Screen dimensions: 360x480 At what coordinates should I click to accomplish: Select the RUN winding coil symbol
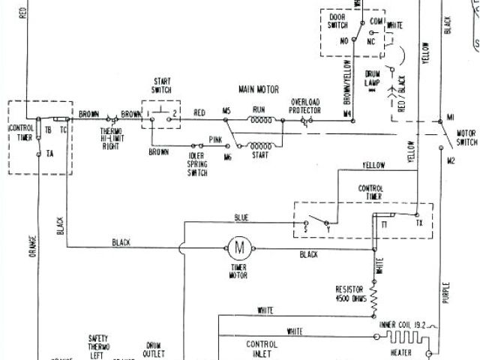pos(259,119)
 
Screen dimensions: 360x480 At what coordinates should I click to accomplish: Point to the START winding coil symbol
pos(259,139)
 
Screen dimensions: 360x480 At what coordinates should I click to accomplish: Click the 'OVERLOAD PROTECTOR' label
pos(306,106)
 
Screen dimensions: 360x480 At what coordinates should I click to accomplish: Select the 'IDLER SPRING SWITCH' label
pos(196,163)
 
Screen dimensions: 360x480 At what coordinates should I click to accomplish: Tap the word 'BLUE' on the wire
pos(241,217)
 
